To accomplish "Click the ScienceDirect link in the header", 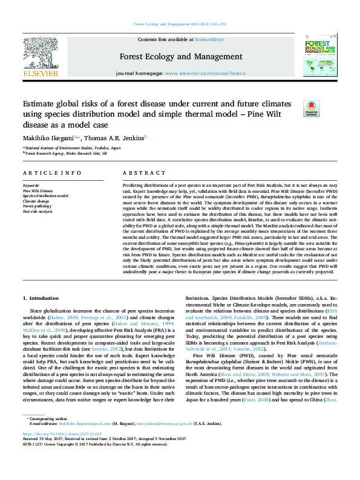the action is tap(209, 39).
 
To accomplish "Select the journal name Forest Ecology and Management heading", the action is tap(180, 57).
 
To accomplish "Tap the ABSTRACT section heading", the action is tap(136, 172).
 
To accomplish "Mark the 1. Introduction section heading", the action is tap(41, 298).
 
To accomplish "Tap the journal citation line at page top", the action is tap(180, 25).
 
